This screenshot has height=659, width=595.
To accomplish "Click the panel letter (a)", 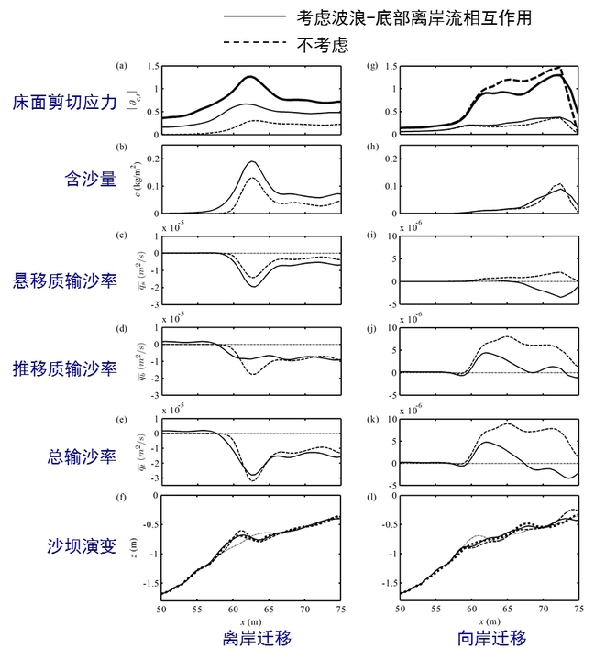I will click(120, 67).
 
